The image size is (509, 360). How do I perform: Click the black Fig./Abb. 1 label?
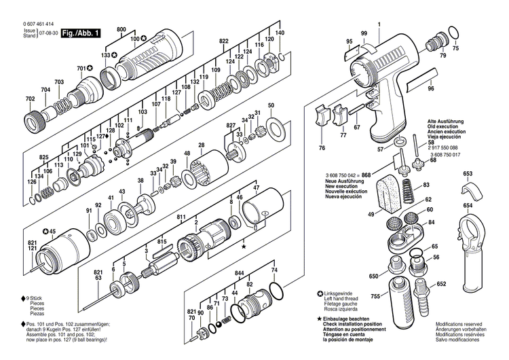click(x=81, y=33)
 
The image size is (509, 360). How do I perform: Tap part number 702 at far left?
click(x=30, y=100)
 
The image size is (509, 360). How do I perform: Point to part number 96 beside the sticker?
click(x=430, y=89)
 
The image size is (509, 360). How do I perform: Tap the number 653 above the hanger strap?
click(x=468, y=175)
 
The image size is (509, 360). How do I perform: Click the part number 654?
click(x=468, y=205)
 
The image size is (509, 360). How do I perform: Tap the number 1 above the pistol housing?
click(x=379, y=25)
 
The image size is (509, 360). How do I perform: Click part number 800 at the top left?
click(x=121, y=30)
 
